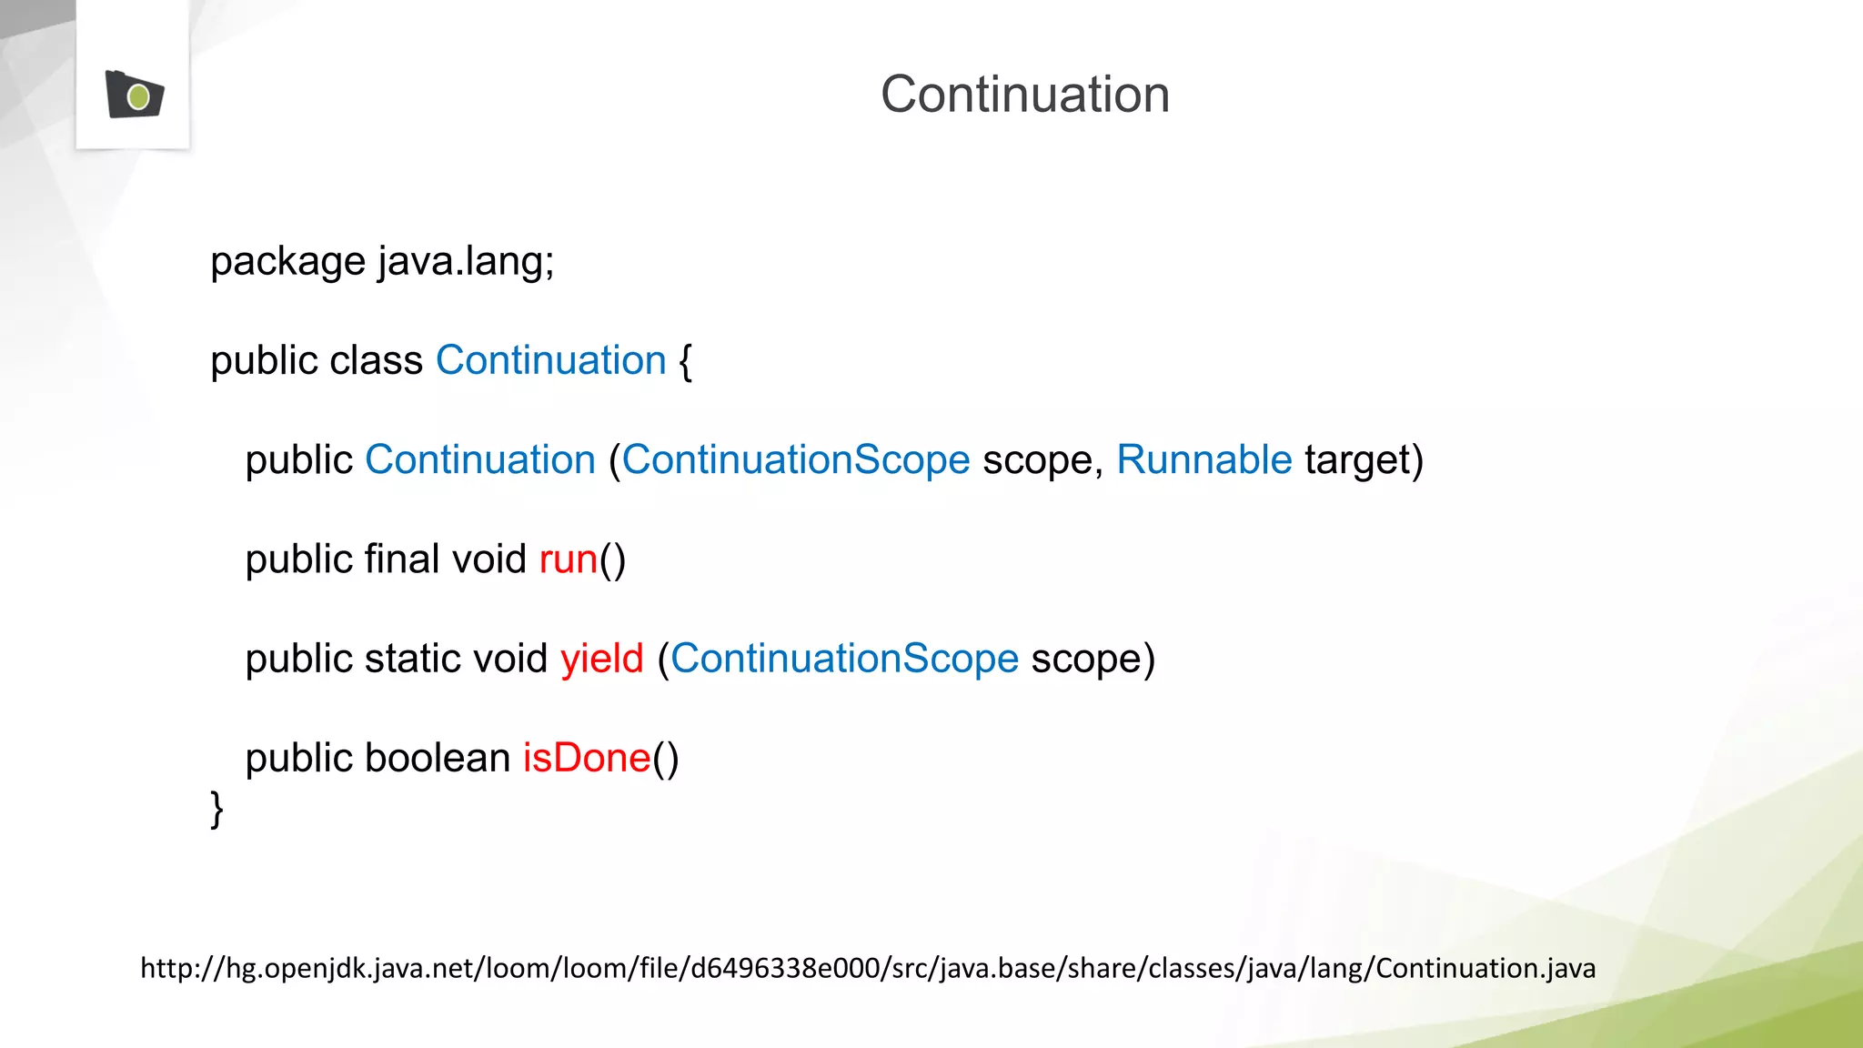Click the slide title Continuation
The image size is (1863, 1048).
click(1024, 95)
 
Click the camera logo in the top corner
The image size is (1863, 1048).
click(134, 95)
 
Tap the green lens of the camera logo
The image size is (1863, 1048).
click(138, 96)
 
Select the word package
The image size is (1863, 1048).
click(287, 263)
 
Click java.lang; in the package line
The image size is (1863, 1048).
click(466, 262)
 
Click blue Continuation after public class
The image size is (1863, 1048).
click(550, 361)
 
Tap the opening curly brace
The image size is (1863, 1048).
click(685, 362)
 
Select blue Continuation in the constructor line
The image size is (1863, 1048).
click(479, 460)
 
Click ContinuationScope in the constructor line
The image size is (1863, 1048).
click(796, 460)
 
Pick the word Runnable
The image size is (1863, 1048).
click(1203, 460)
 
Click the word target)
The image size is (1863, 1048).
click(1364, 460)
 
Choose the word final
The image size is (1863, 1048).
click(401, 559)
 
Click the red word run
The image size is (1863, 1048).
click(568, 560)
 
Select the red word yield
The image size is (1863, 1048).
click(601, 659)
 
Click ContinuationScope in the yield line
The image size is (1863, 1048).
click(844, 659)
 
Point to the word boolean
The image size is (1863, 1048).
click(437, 758)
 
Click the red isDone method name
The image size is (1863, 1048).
click(587, 758)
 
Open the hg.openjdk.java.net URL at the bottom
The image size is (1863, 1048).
click(867, 968)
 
